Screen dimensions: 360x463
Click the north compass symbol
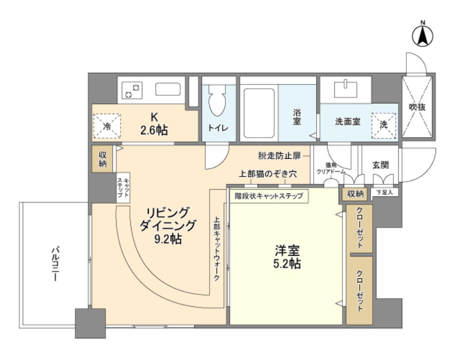pos(422,36)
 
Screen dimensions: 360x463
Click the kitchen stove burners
pos(132,91)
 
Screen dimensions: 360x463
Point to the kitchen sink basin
pos(168,89)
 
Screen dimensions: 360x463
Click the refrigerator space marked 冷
pos(107,126)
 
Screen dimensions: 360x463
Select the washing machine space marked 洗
pos(384,126)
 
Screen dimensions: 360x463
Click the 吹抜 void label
pos(417,107)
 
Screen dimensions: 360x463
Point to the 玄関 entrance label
pos(380,164)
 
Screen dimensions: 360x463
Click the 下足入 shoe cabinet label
pos(384,193)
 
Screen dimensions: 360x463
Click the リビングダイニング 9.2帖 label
pos(168,225)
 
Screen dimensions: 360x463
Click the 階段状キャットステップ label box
pos(268,196)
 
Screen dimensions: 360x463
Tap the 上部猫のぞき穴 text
pos(268,175)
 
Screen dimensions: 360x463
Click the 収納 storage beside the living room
pos(103,159)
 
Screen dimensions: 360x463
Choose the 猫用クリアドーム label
pos(331,167)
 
